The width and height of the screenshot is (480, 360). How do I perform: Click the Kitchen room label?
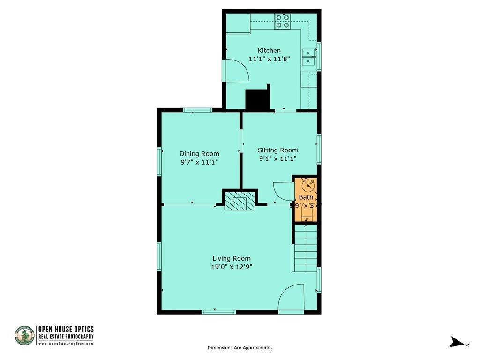[x=269, y=51]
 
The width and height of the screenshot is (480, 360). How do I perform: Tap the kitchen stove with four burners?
[x=283, y=22]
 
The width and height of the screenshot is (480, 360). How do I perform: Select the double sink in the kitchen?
[x=309, y=57]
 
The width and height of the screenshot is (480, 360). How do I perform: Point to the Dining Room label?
[x=199, y=154]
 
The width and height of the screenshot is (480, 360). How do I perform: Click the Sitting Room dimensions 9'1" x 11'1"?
[x=277, y=159]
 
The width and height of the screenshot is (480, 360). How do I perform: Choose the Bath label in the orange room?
[x=306, y=197]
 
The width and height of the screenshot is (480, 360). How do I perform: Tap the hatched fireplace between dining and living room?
[x=240, y=202]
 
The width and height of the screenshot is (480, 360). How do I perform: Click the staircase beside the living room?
[x=305, y=248]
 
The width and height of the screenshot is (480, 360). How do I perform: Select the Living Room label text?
[x=232, y=258]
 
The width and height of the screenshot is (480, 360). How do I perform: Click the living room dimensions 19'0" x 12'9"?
[x=232, y=267]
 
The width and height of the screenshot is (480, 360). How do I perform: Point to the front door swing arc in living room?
[x=291, y=298]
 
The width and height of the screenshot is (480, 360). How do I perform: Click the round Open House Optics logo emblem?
[x=25, y=336]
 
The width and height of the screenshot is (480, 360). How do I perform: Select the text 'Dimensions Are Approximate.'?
[x=240, y=348]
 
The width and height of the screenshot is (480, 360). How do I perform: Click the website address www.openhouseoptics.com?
[x=66, y=344]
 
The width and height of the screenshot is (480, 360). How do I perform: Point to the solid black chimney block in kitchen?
[x=257, y=99]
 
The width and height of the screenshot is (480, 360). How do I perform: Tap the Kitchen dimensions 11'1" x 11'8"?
[x=269, y=59]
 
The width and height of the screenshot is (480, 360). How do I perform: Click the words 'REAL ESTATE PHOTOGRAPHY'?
[x=66, y=337]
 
